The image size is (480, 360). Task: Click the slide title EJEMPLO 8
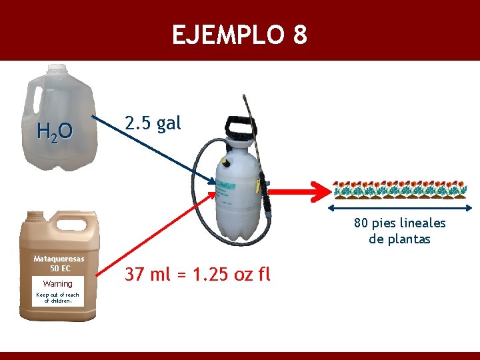[239, 35]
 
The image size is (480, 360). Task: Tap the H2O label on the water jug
[55, 133]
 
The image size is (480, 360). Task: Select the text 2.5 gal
[153, 123]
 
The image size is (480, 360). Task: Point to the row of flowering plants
[399, 189]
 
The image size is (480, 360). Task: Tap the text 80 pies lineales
[399, 223]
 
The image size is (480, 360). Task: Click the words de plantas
[399, 239]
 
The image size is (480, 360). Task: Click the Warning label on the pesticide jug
[57, 284]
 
